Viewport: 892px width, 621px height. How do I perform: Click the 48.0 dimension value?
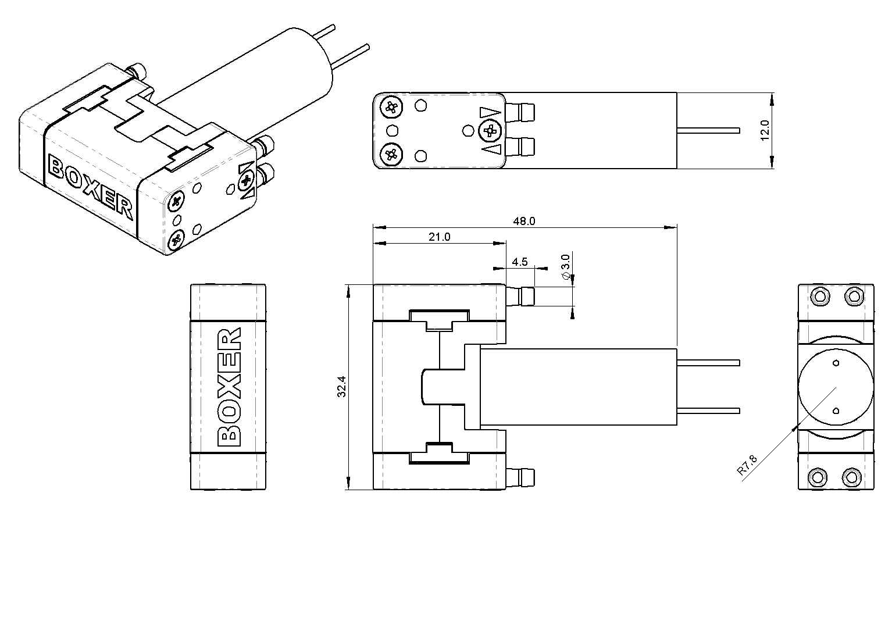click(524, 222)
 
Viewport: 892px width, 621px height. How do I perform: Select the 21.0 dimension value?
click(439, 237)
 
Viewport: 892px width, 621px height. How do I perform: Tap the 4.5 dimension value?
click(520, 262)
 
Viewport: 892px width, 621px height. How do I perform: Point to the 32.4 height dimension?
click(342, 387)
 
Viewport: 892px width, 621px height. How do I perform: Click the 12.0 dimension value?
click(765, 130)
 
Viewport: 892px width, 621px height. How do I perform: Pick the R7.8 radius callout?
click(747, 465)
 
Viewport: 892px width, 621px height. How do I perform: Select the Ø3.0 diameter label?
click(565, 267)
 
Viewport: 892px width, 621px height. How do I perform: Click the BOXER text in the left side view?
click(229, 387)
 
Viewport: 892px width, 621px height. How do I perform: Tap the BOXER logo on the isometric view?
click(90, 187)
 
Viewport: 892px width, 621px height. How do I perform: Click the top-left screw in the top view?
click(391, 106)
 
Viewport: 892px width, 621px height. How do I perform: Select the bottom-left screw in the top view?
click(391, 154)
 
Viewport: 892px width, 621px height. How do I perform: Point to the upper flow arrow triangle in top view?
click(490, 113)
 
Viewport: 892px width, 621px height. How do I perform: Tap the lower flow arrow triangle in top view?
click(491, 149)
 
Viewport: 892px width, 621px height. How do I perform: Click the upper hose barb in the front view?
click(520, 296)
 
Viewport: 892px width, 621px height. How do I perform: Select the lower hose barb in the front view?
click(520, 478)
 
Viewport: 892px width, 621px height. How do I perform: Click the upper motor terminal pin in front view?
click(708, 363)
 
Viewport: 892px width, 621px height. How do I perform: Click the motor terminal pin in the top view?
click(708, 131)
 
